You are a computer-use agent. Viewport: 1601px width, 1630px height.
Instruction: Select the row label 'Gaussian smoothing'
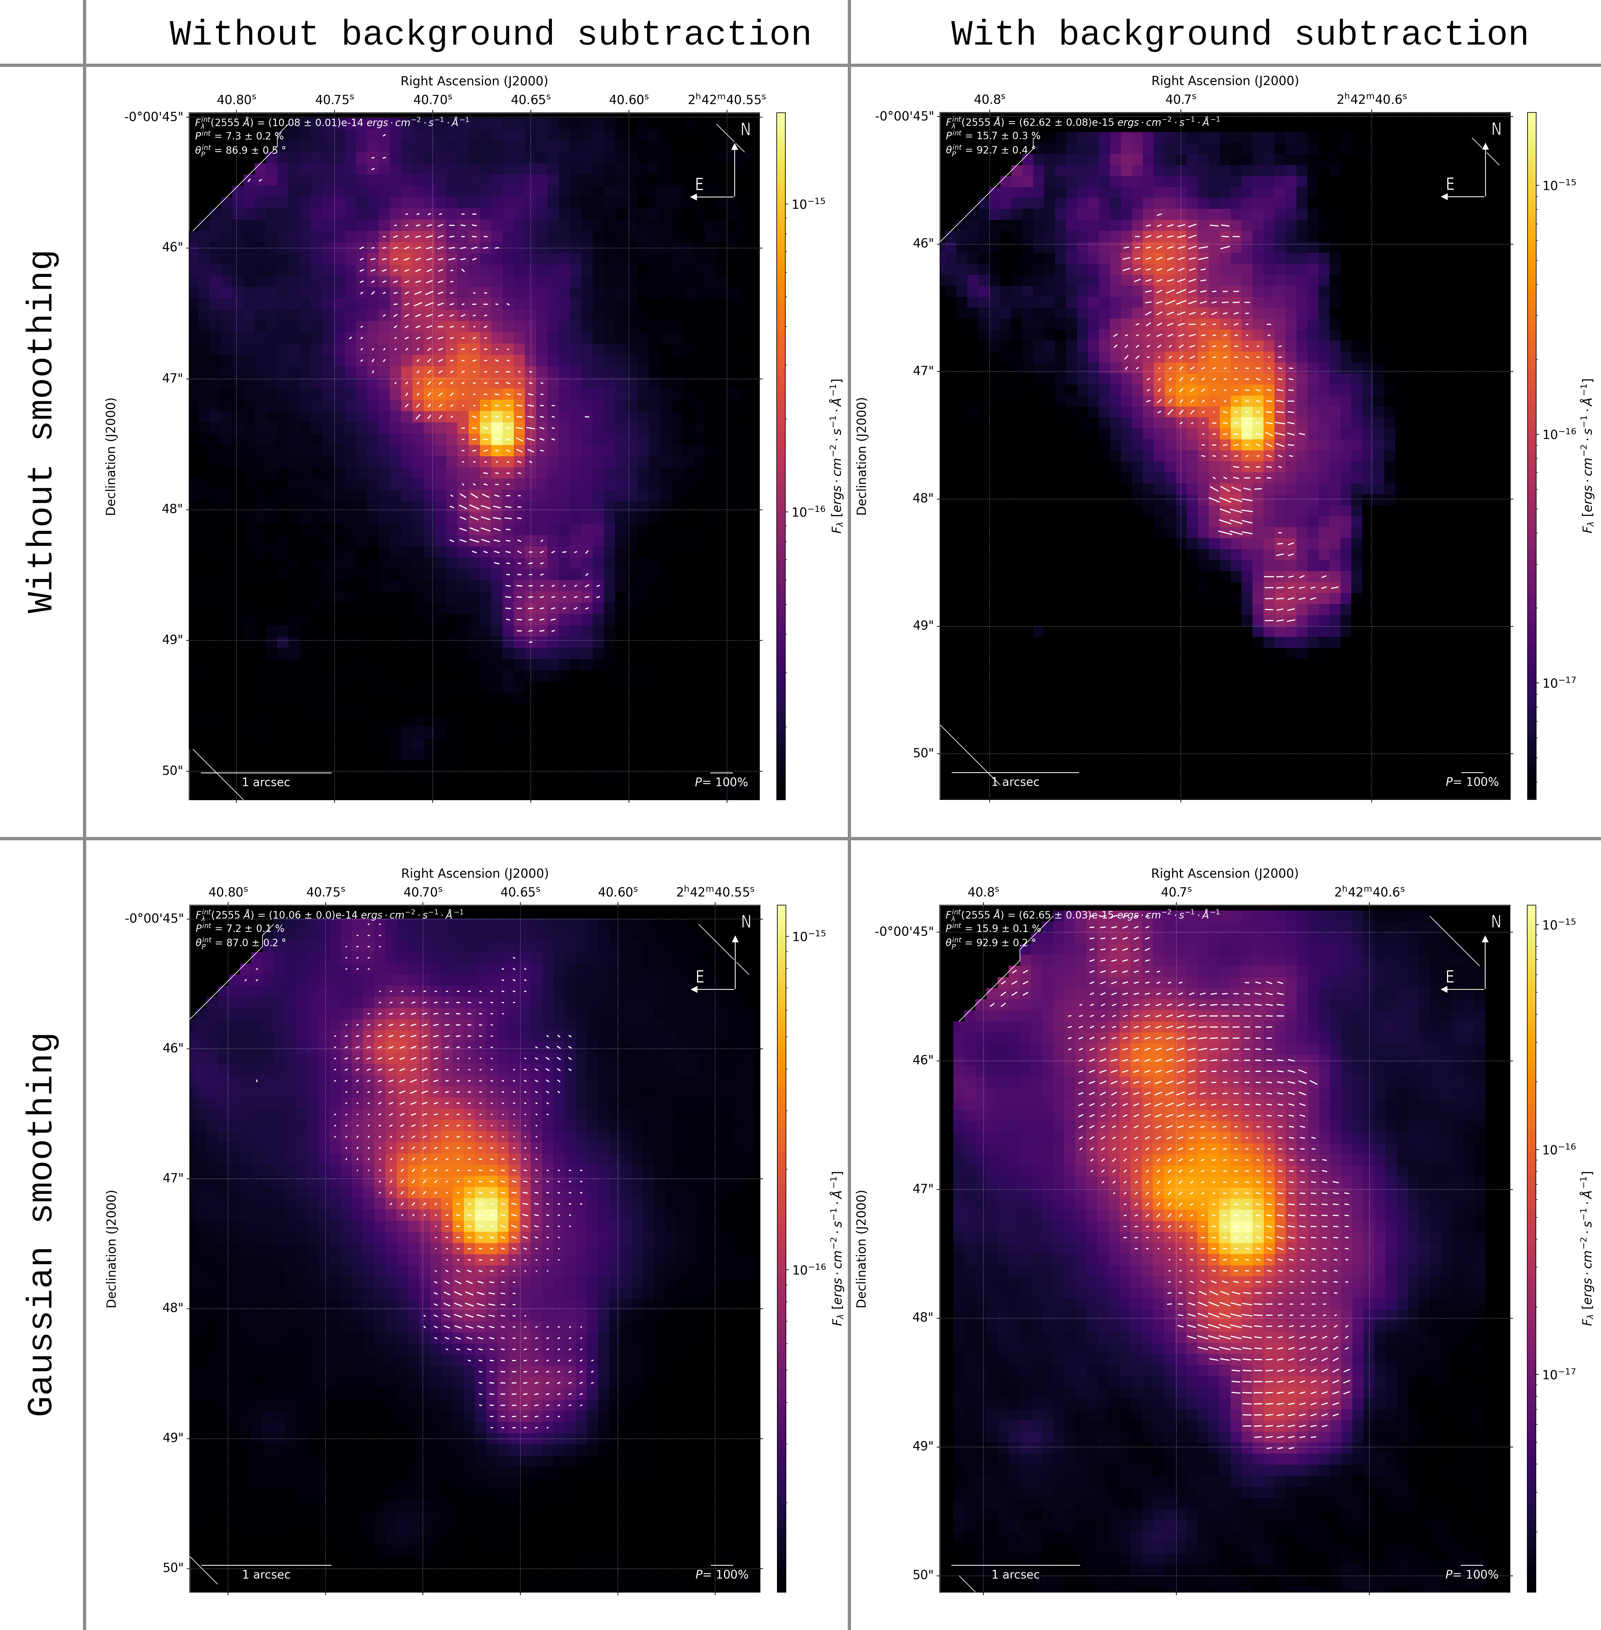click(x=42, y=1225)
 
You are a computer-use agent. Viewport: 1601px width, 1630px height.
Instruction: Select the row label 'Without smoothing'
click(x=42, y=431)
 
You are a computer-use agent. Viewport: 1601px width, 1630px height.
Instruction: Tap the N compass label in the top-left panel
click(x=745, y=129)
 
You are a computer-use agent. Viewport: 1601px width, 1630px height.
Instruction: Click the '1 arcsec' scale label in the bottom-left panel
click(x=266, y=1574)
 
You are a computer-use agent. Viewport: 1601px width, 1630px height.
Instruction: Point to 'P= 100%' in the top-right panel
click(x=1472, y=782)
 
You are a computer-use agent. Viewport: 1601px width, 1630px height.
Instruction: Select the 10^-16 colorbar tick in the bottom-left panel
click(x=809, y=1269)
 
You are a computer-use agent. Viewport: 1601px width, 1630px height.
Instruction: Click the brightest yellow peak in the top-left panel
click(x=500, y=431)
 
